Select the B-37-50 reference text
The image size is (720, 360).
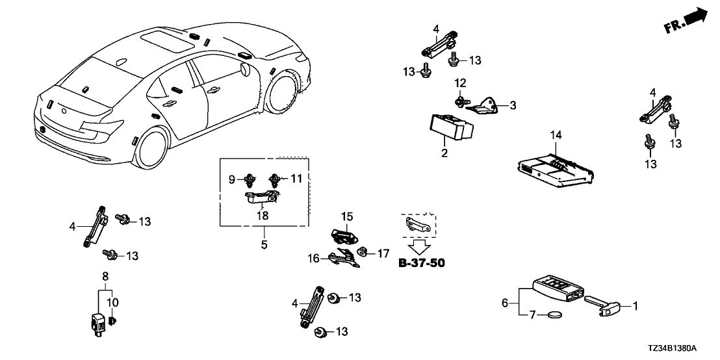pyautogui.click(x=421, y=263)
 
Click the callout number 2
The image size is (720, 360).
pyautogui.click(x=444, y=153)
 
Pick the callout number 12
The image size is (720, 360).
pyautogui.click(x=460, y=83)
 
